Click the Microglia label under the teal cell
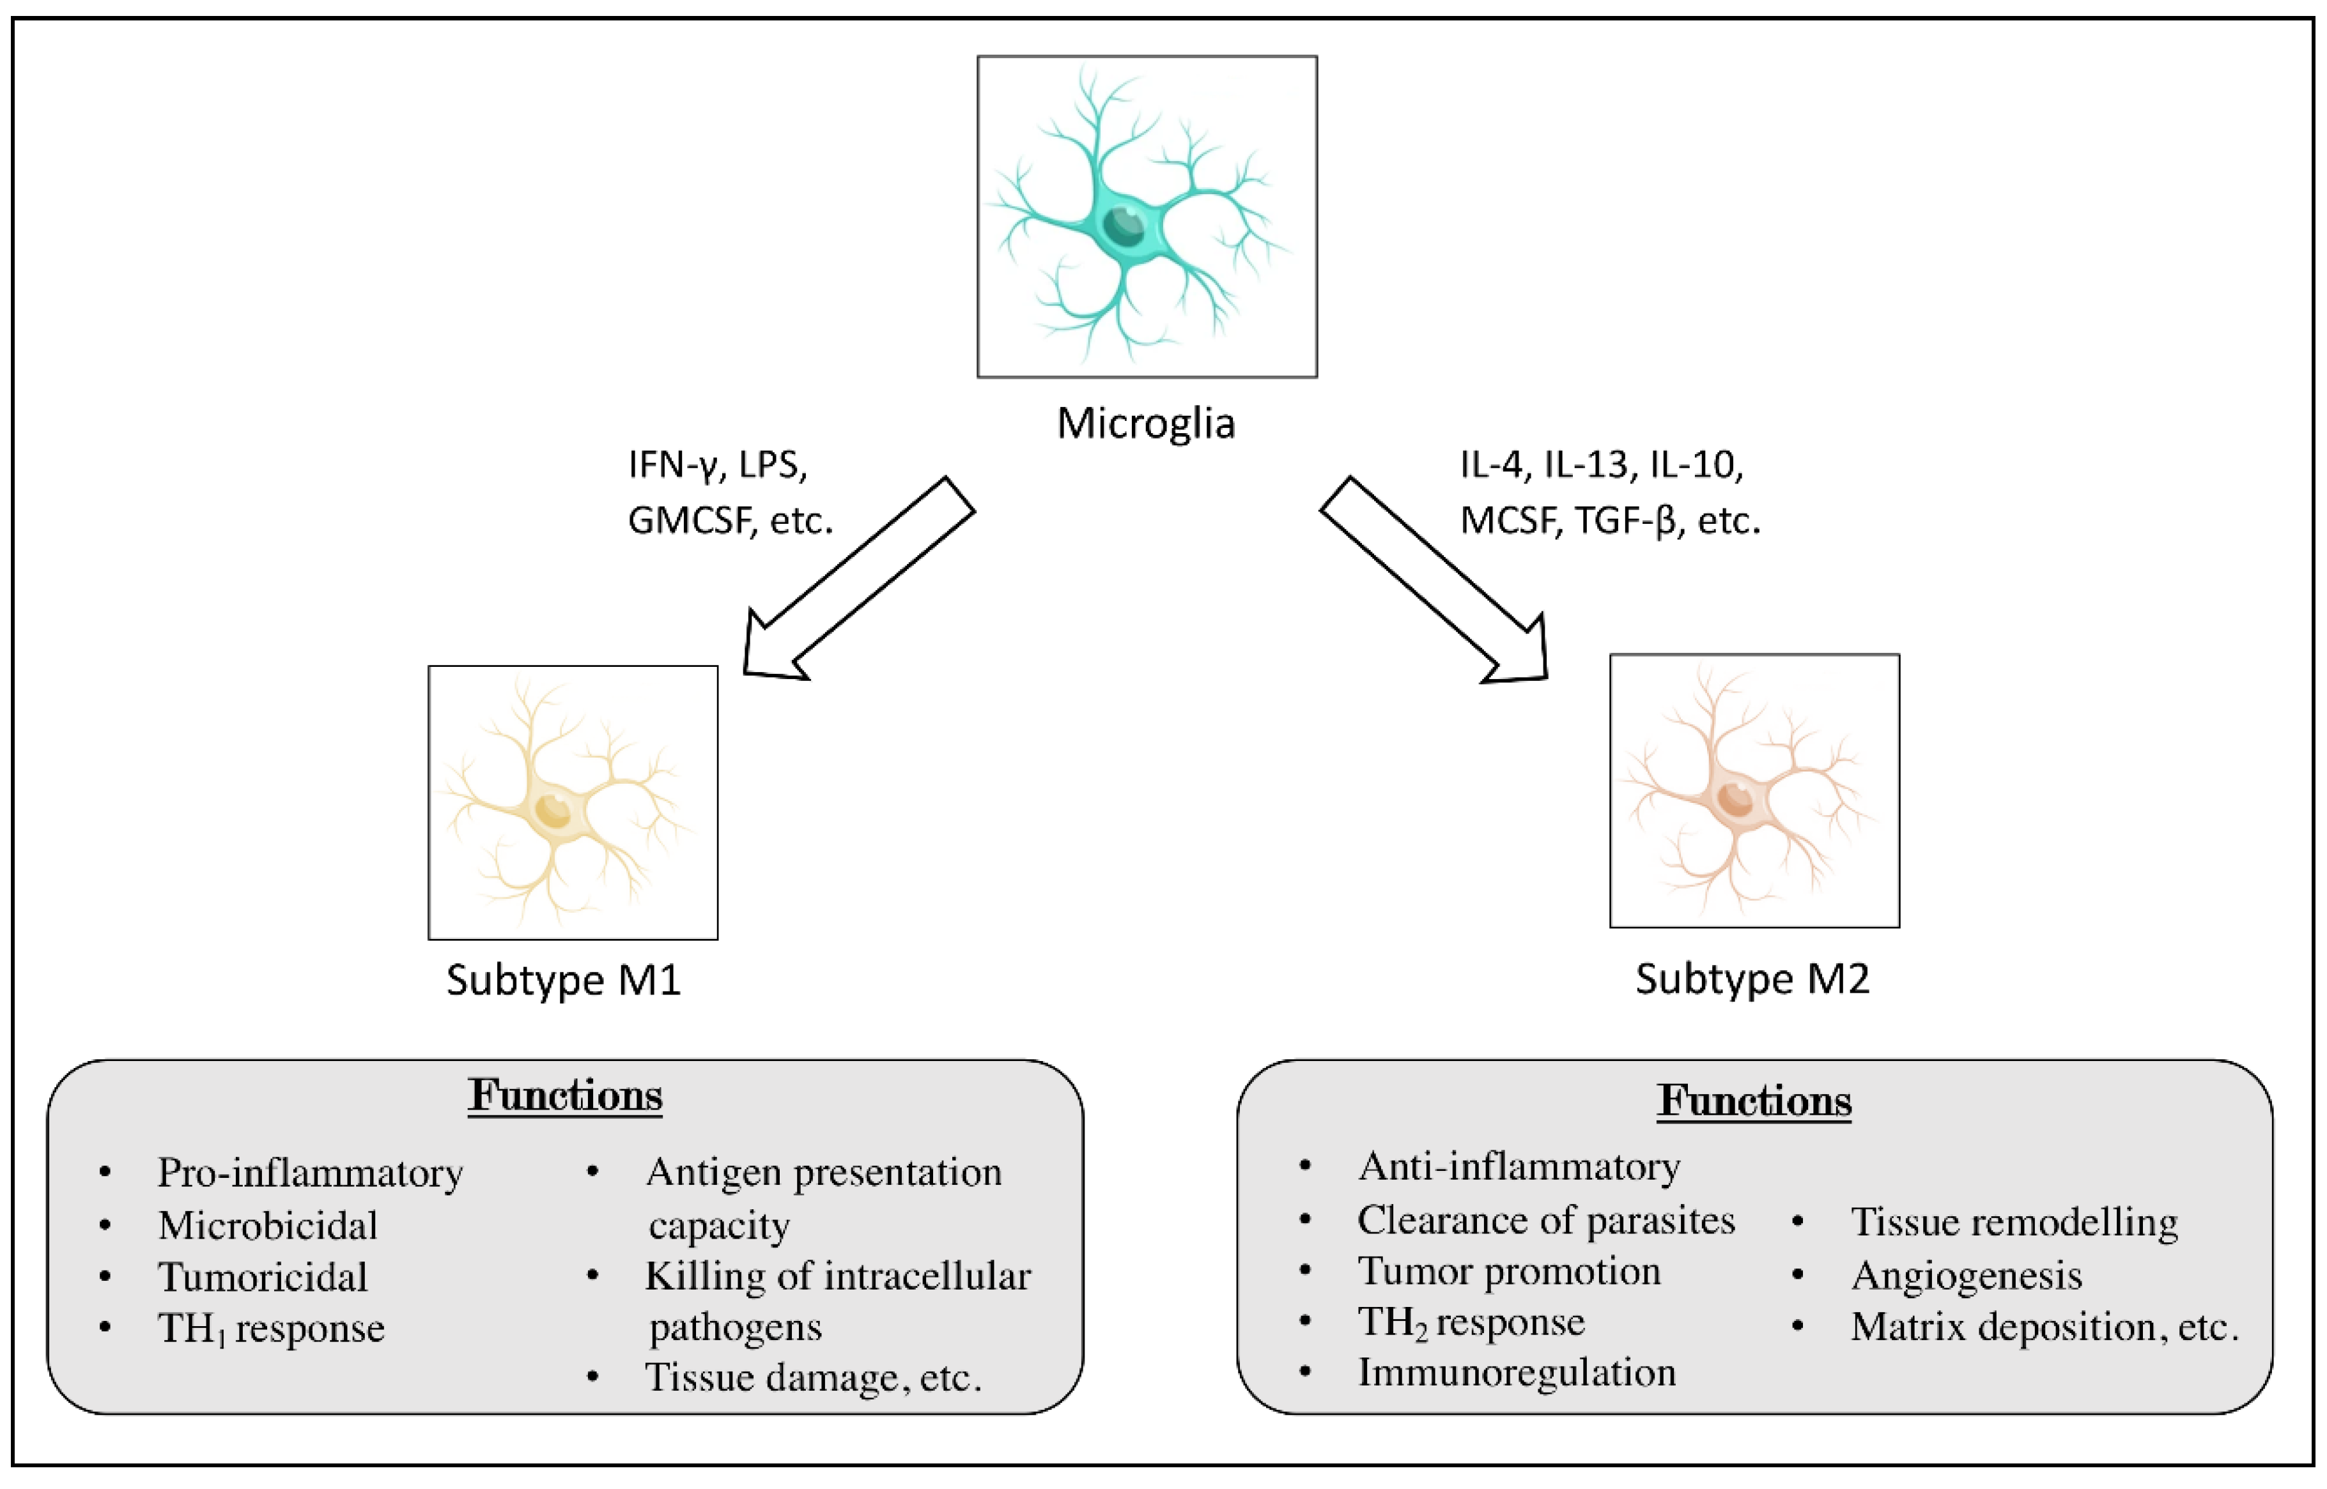coord(1145,424)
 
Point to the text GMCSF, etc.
coord(731,521)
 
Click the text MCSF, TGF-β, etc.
coord(1609,521)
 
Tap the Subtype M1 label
coord(563,981)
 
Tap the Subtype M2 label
coord(1752,979)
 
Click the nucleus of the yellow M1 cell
coord(553,809)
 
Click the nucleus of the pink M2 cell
coord(1735,798)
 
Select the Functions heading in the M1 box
coord(565,1096)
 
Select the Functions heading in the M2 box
coord(1754,1101)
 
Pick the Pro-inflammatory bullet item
coord(309,1173)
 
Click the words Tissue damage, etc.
coord(812,1377)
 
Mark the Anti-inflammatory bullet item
coord(1519,1167)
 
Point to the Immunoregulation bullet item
coord(1515,1373)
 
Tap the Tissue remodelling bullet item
coord(2014,1222)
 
